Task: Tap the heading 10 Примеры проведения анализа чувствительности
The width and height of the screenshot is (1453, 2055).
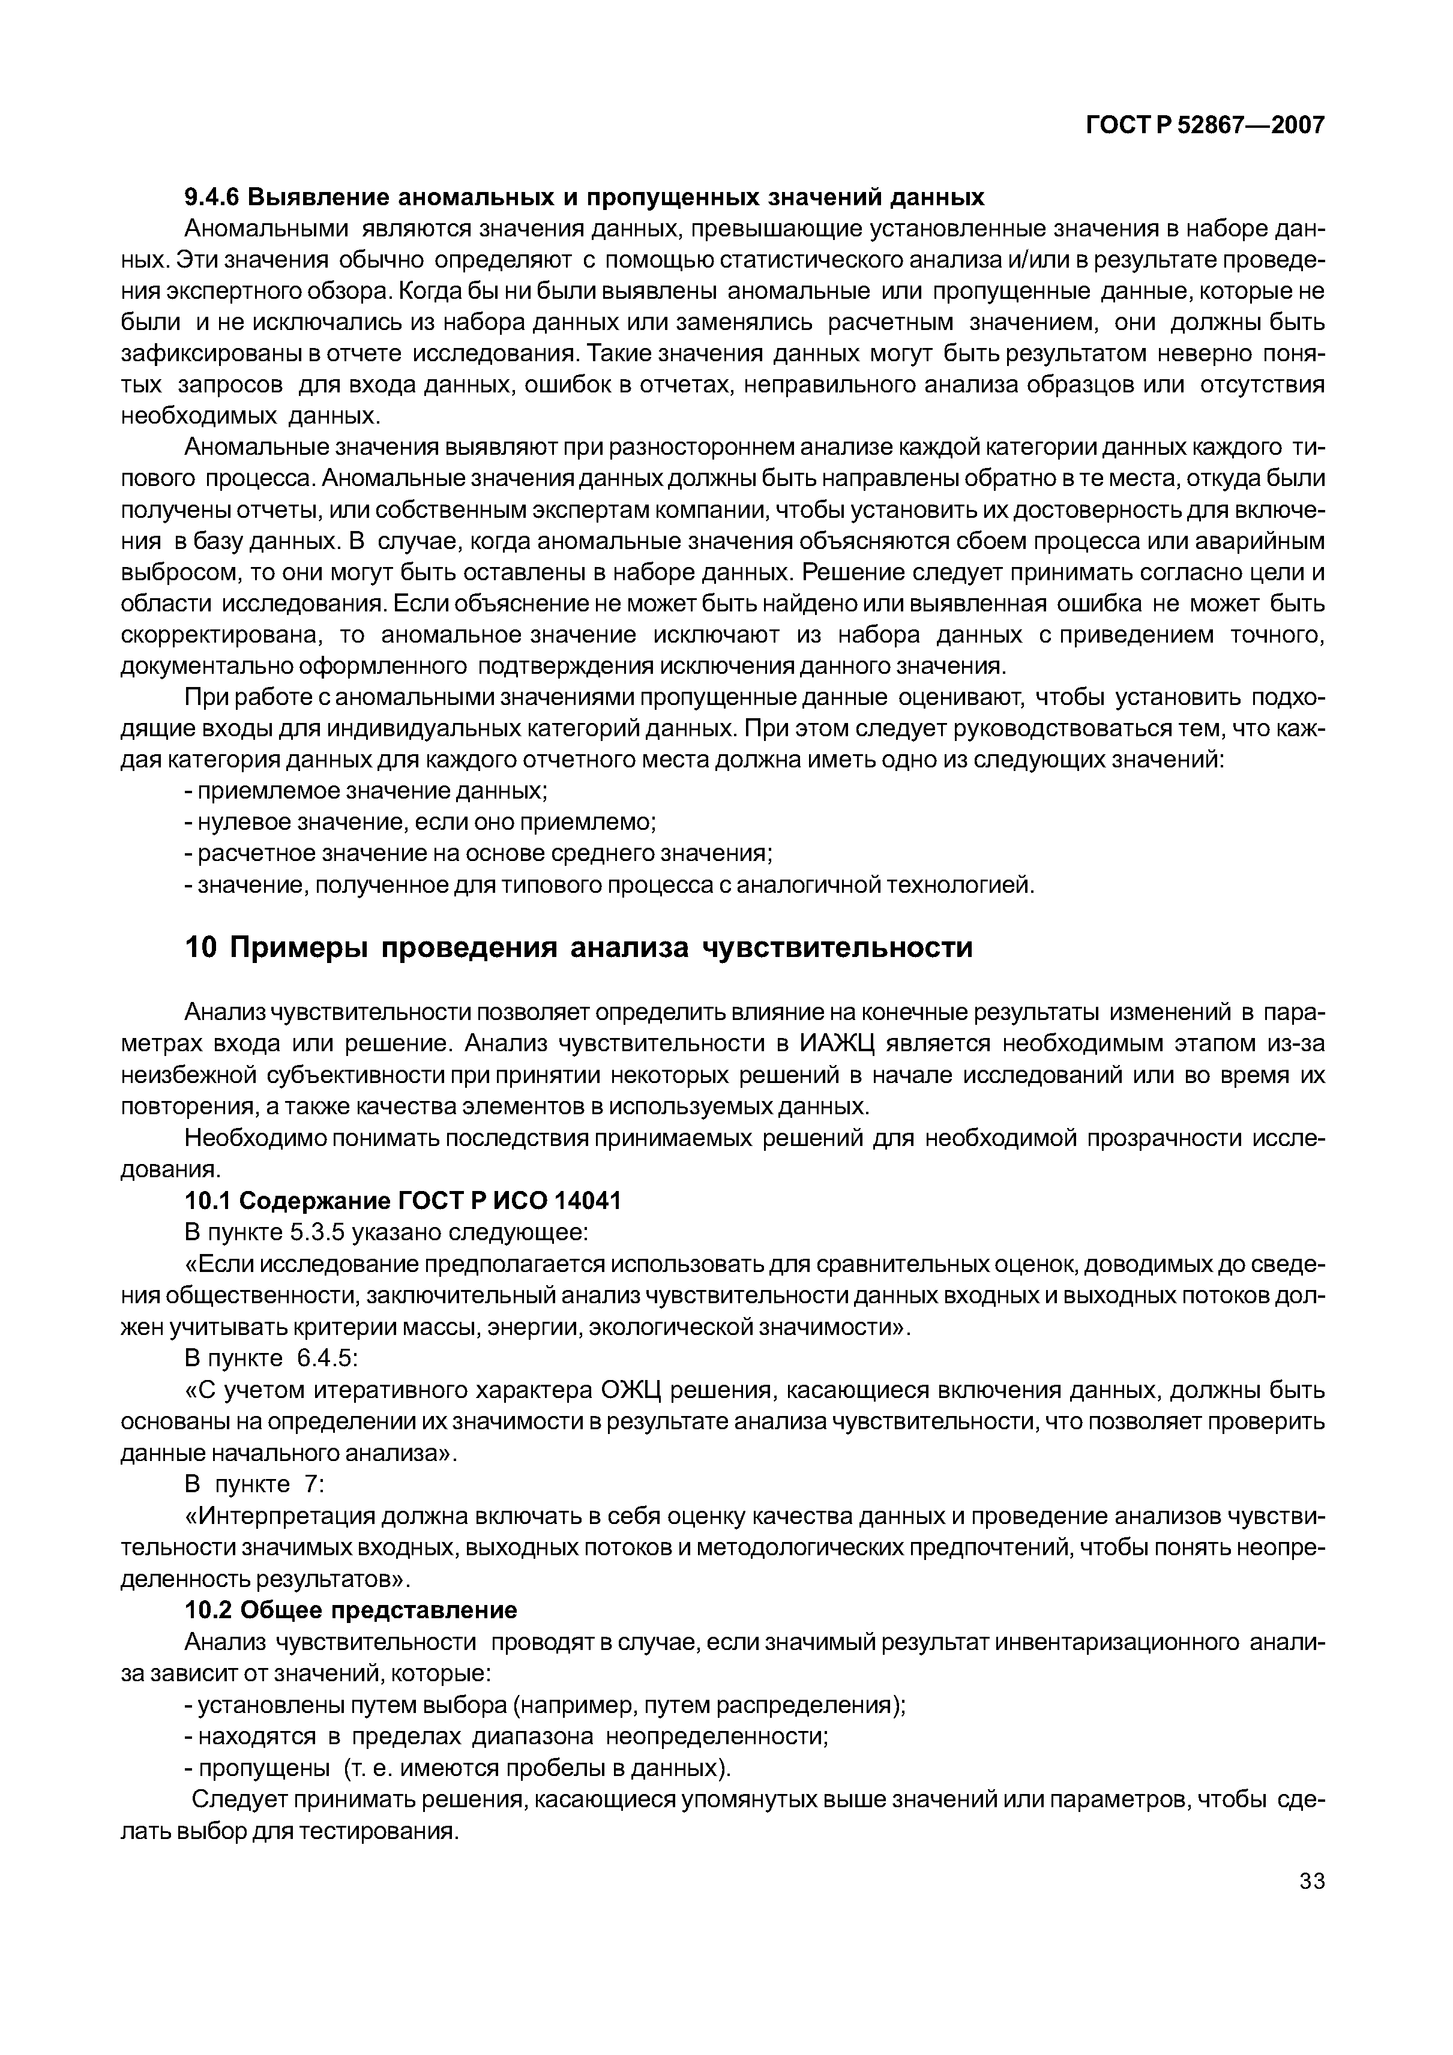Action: tap(577, 948)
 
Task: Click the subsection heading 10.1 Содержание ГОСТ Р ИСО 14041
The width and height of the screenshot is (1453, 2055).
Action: tap(402, 1201)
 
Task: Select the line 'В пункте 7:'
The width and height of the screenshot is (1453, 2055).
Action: tap(253, 1484)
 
